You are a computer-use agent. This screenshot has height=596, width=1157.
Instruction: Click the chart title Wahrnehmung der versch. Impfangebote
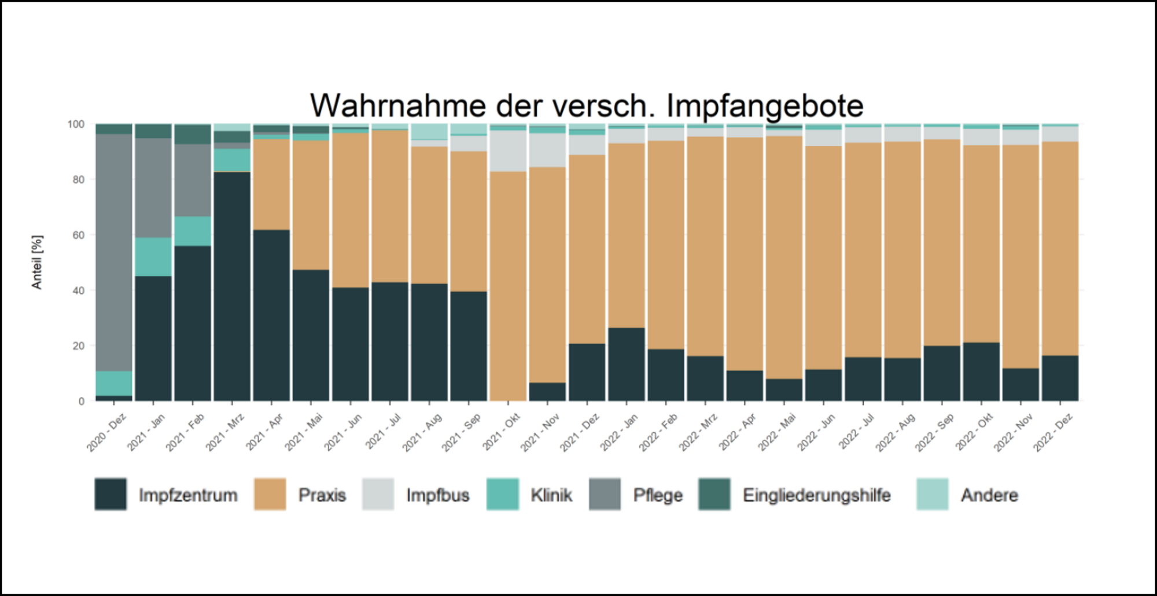tap(587, 106)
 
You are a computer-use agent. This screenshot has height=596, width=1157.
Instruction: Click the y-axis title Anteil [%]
tap(37, 262)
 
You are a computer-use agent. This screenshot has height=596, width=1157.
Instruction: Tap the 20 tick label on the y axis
tap(78, 346)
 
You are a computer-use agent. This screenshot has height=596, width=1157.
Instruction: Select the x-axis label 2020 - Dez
tap(107, 432)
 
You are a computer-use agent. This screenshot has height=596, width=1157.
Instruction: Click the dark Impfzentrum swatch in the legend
tap(110, 494)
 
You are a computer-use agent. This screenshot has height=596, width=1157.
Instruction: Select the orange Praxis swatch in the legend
tap(270, 494)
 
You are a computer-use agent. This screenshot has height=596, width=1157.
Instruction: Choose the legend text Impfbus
tap(437, 495)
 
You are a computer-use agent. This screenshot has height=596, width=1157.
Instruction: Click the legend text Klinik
tap(551, 495)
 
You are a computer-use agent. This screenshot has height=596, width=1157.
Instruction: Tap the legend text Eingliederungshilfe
tap(816, 495)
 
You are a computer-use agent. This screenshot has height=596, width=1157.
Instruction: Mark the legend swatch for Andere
tap(933, 494)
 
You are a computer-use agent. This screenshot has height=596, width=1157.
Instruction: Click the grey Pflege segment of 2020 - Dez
tap(114, 252)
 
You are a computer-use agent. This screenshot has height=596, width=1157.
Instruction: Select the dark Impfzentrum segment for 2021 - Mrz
tap(232, 286)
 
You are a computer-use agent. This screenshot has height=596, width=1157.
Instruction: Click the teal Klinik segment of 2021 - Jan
tap(153, 256)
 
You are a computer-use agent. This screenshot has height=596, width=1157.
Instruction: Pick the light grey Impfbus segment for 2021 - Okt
tap(508, 150)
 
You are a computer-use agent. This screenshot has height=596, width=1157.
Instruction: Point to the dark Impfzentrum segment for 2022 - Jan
tap(627, 365)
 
